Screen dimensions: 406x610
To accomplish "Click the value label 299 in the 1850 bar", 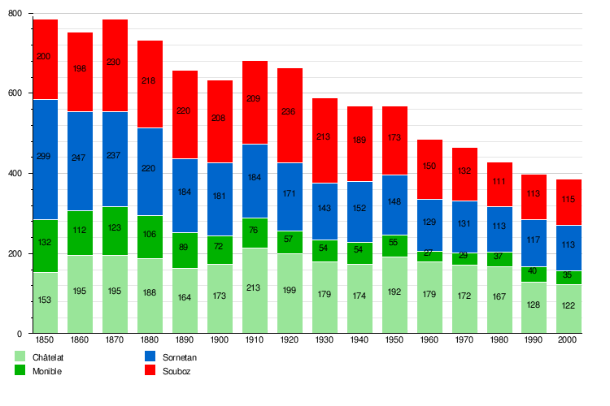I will click(46, 156).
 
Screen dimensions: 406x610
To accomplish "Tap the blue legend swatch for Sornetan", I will click(150, 356).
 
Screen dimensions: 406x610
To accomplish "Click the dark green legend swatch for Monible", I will click(20, 371).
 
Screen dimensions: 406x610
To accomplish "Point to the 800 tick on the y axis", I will click(17, 14).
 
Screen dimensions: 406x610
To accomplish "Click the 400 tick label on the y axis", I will click(17, 174).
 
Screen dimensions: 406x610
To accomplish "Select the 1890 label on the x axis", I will click(185, 339).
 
